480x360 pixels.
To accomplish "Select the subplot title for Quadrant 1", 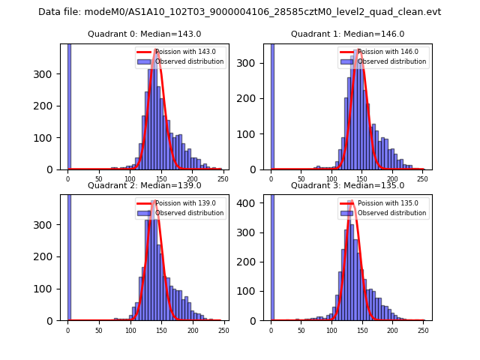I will pos(347,34).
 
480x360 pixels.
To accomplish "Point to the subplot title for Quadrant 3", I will pos(347,185).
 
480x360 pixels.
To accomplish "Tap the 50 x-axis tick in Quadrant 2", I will pos(99,330).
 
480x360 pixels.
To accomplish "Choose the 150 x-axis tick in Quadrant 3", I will pos(362,330).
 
